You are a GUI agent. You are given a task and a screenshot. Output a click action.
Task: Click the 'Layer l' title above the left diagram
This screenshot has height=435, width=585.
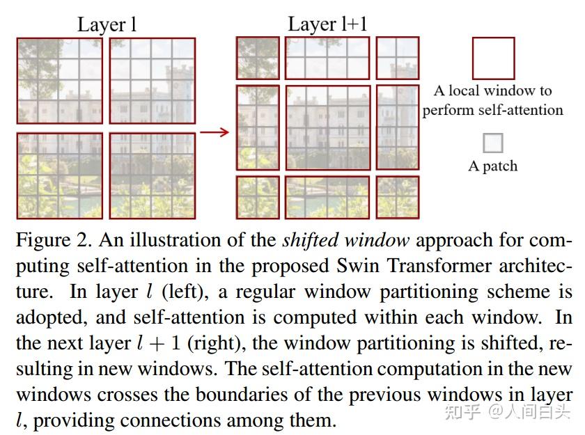point(107,25)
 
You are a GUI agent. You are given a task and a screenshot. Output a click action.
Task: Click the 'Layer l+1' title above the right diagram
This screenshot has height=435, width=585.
point(327,25)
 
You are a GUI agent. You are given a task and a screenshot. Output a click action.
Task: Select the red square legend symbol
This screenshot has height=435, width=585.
point(493,58)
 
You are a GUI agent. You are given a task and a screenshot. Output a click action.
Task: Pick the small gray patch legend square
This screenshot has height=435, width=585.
point(492,143)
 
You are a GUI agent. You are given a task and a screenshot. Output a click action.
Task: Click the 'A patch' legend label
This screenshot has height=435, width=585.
point(492,166)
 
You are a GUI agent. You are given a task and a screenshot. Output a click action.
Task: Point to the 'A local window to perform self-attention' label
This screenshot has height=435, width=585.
point(492,100)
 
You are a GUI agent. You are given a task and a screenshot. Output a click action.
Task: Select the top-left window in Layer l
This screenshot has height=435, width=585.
point(60,81)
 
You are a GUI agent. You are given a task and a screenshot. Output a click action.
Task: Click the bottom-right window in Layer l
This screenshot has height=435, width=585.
point(152,175)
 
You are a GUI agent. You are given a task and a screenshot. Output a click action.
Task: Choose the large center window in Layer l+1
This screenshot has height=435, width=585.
point(327,127)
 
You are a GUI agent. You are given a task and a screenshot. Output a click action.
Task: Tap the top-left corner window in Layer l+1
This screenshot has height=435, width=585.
point(258,58)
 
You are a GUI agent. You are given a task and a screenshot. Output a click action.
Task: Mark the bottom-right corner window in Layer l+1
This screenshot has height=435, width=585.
point(398,197)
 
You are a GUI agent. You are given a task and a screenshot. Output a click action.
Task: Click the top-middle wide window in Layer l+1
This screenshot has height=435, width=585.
point(327,58)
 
